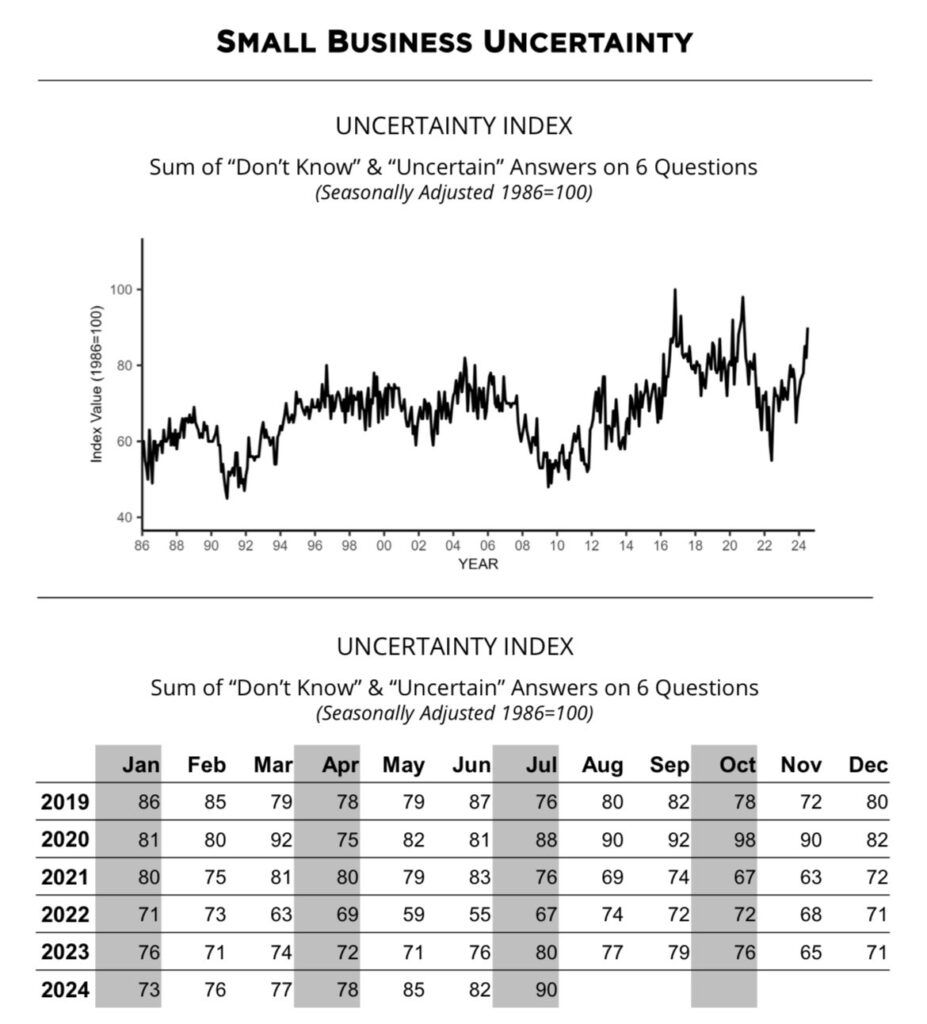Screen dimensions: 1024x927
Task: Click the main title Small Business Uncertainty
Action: [454, 42]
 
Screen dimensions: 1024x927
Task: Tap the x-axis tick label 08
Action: [522, 547]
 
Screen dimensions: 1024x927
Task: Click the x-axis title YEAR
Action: [478, 564]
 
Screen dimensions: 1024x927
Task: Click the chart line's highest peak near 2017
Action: [675, 291]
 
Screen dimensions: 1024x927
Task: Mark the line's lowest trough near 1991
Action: [227, 497]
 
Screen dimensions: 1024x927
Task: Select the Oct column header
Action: [738, 765]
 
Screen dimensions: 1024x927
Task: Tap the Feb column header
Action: [207, 765]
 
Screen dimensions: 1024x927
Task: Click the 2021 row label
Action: [65, 877]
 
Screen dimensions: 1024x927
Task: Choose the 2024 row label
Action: [65, 990]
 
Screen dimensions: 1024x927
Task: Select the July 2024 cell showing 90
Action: [544, 990]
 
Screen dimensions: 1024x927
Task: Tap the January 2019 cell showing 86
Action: [148, 802]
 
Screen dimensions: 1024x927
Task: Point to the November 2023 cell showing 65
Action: [810, 952]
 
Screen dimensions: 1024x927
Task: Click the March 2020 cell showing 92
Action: [281, 840]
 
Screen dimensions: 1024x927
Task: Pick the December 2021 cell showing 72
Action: [876, 877]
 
